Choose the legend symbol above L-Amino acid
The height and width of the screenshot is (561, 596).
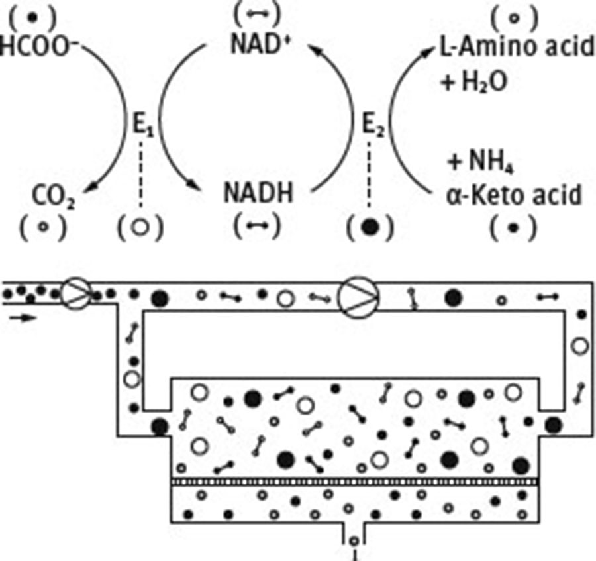coord(513,18)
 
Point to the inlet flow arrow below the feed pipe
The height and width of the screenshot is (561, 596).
coord(22,317)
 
